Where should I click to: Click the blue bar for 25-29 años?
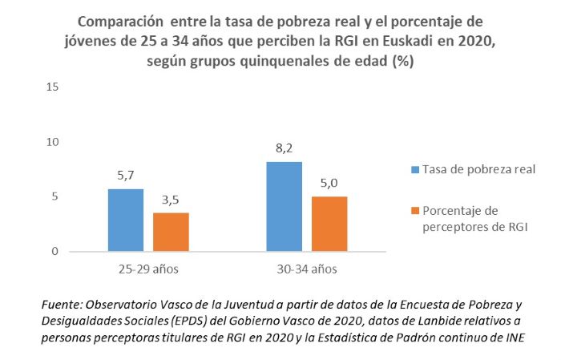pos(126,220)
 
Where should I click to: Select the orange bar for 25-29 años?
pos(171,232)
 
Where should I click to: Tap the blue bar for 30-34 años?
pos(284,206)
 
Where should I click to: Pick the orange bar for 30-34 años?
pos(329,224)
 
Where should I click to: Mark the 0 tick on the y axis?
pos(56,252)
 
